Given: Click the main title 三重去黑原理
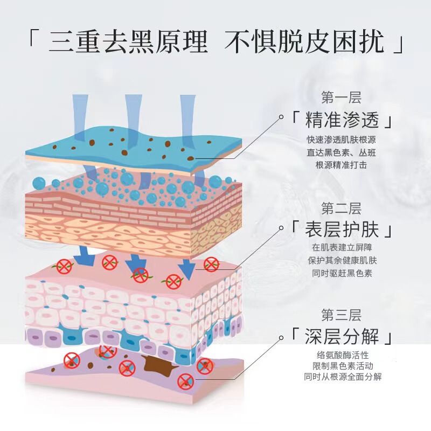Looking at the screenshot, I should tap(128, 42).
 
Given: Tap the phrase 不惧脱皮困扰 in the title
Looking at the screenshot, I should tap(304, 42).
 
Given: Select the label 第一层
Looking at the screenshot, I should tap(341, 98).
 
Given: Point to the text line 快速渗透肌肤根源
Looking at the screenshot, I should tap(341, 140).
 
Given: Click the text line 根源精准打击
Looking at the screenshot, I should tap(341, 165).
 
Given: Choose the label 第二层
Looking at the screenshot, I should tap(341, 208).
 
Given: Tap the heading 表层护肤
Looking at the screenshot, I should tap(342, 230).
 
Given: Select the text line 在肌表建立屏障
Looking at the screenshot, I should tap(342, 248).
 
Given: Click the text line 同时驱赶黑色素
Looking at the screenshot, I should tap(342, 273).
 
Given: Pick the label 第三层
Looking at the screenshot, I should tap(341, 315).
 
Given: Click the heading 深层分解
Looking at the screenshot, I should tap(342, 338).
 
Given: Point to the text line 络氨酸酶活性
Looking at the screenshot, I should tap(342, 356).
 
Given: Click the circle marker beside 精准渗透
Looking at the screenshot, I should tap(281, 116).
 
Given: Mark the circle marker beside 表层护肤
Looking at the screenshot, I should tap(281, 228).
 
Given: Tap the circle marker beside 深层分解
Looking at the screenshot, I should tap(281, 338).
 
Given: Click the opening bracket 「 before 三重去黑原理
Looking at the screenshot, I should tap(33, 42).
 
